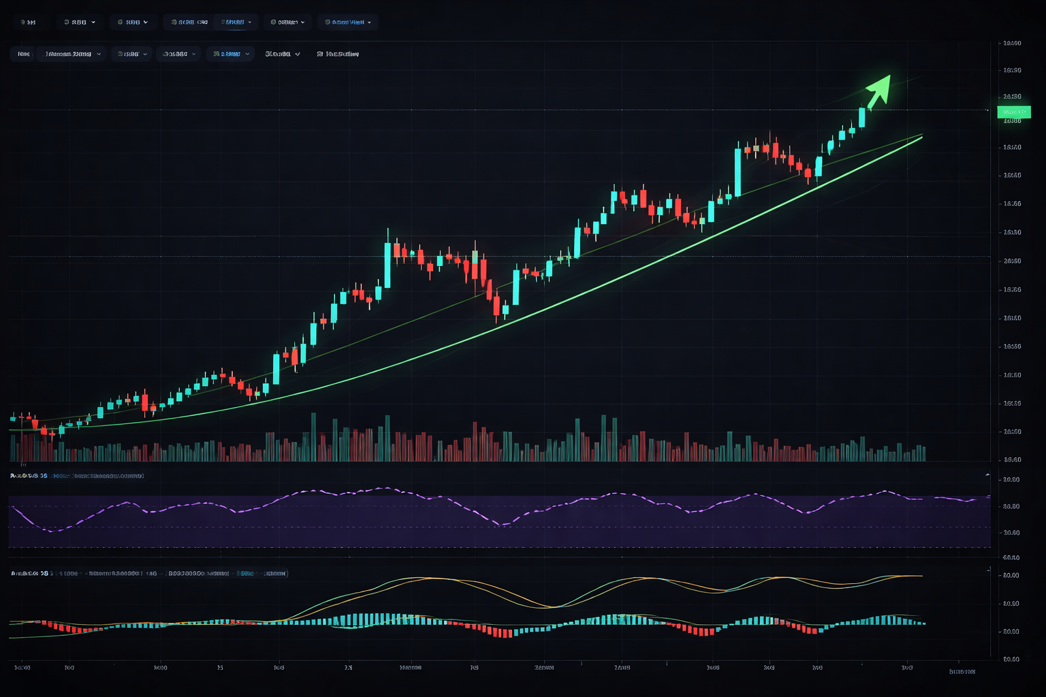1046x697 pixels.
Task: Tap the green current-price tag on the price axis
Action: coord(1013,112)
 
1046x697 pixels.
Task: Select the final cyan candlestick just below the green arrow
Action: coord(862,117)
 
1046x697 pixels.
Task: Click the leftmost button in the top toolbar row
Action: coord(28,22)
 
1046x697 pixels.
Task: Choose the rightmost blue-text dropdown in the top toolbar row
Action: coord(347,22)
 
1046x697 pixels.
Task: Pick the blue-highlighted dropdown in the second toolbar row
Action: coord(229,54)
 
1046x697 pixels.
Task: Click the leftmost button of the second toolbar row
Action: coord(23,54)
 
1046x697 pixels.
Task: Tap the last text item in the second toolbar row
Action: coord(338,54)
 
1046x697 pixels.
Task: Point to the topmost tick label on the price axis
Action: coord(1012,44)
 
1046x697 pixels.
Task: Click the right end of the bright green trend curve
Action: coord(921,137)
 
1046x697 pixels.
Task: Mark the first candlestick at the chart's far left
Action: coord(13,417)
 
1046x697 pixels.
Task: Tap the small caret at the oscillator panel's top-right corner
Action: coord(987,474)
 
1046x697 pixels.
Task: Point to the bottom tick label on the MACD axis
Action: coord(1011,659)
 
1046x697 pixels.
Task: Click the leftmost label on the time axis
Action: coord(22,668)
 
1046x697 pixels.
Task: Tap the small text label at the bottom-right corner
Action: coord(962,672)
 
